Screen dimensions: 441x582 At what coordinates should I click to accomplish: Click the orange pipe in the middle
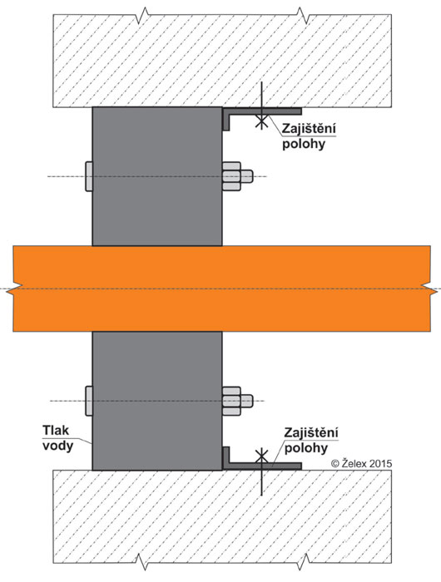222,289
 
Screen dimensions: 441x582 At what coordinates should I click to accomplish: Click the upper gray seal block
157,176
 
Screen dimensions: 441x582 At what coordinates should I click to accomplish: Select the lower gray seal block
157,401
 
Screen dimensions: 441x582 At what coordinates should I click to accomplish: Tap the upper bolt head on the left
89,176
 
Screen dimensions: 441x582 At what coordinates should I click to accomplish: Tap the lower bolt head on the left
89,401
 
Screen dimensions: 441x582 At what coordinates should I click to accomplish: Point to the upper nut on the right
237,176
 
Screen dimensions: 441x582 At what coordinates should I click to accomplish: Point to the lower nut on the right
237,401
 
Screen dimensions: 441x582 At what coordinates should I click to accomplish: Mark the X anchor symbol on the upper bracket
261,121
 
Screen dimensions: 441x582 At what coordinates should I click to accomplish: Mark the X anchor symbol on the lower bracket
261,456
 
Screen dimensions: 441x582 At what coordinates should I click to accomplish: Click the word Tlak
56,430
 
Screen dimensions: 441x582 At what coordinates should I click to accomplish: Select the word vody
57,446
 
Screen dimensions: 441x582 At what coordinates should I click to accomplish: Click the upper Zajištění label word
309,128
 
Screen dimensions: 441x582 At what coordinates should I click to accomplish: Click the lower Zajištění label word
311,433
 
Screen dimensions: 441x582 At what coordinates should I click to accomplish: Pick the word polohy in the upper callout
304,144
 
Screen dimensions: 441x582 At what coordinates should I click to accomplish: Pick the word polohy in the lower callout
305,448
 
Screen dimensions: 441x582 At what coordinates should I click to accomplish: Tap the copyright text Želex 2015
361,463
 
